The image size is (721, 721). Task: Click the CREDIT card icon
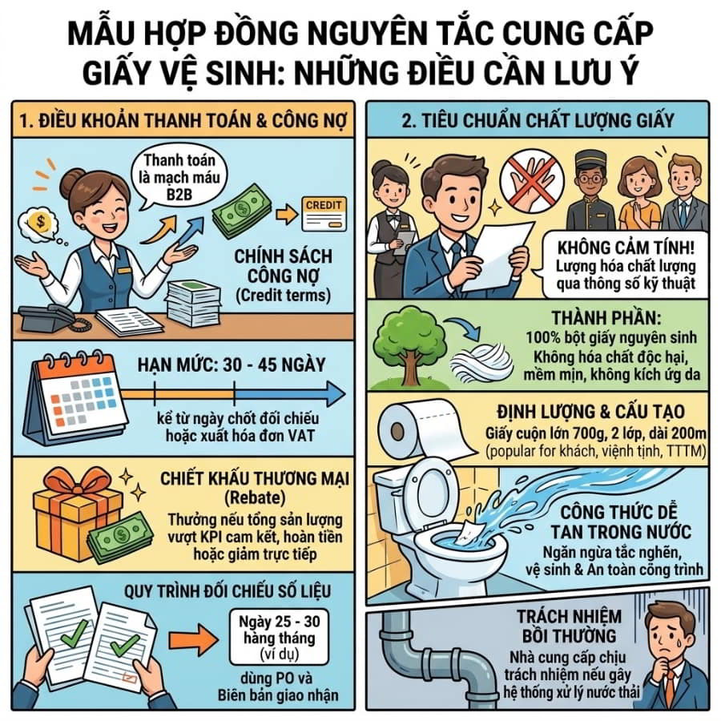324,214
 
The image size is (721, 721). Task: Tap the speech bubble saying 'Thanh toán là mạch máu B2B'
179,177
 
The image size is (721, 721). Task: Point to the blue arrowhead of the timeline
336,394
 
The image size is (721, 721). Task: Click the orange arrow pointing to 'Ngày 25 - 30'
193,639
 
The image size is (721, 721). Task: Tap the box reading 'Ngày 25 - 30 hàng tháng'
279,638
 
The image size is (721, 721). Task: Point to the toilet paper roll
425,430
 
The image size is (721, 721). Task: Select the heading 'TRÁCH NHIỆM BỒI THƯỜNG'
569,626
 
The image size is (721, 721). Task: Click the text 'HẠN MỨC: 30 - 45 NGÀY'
232,365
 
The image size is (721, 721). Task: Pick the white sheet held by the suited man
499,256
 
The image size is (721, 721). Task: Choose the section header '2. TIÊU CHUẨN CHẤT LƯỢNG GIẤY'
538,120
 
